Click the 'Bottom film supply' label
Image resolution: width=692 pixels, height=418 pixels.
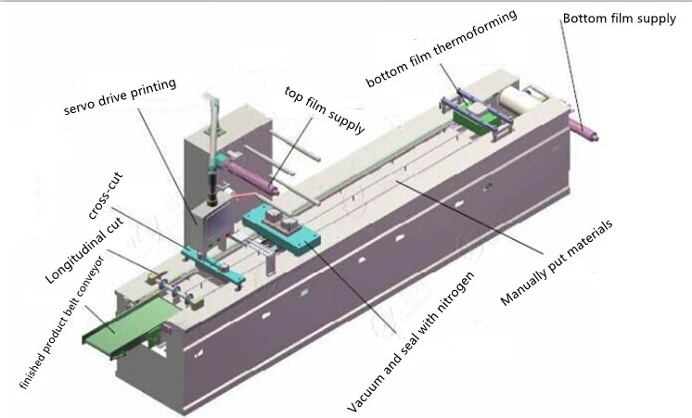click(619, 19)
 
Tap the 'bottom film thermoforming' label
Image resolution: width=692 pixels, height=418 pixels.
click(441, 47)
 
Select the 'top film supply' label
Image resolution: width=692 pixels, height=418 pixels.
click(325, 109)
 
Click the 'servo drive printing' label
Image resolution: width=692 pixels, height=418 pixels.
click(120, 97)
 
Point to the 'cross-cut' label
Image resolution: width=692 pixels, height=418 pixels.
click(105, 196)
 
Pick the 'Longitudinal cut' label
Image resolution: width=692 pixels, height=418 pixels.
click(83, 249)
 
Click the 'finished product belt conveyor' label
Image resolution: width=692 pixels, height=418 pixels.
click(62, 323)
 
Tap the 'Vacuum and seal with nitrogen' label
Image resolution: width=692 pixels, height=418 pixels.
click(410, 342)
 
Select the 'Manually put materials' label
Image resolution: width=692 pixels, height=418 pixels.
click(557, 262)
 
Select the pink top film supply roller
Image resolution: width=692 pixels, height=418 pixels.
click(251, 176)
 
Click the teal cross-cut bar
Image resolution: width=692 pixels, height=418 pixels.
click(212, 266)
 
